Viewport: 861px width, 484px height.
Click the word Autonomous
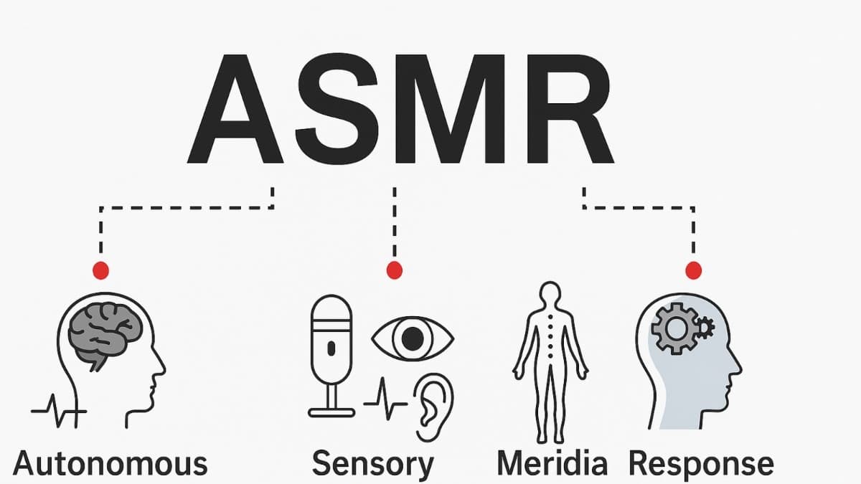point(110,464)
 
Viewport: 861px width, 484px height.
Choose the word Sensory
point(373,464)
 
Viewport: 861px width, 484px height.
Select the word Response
point(701,464)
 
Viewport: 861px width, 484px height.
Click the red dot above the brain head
point(101,270)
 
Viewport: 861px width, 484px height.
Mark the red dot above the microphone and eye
point(394,270)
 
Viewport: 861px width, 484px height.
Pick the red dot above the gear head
point(693,270)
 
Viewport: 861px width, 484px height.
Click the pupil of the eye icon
point(412,338)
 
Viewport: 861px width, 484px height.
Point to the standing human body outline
point(550,359)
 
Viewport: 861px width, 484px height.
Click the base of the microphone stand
point(331,412)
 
